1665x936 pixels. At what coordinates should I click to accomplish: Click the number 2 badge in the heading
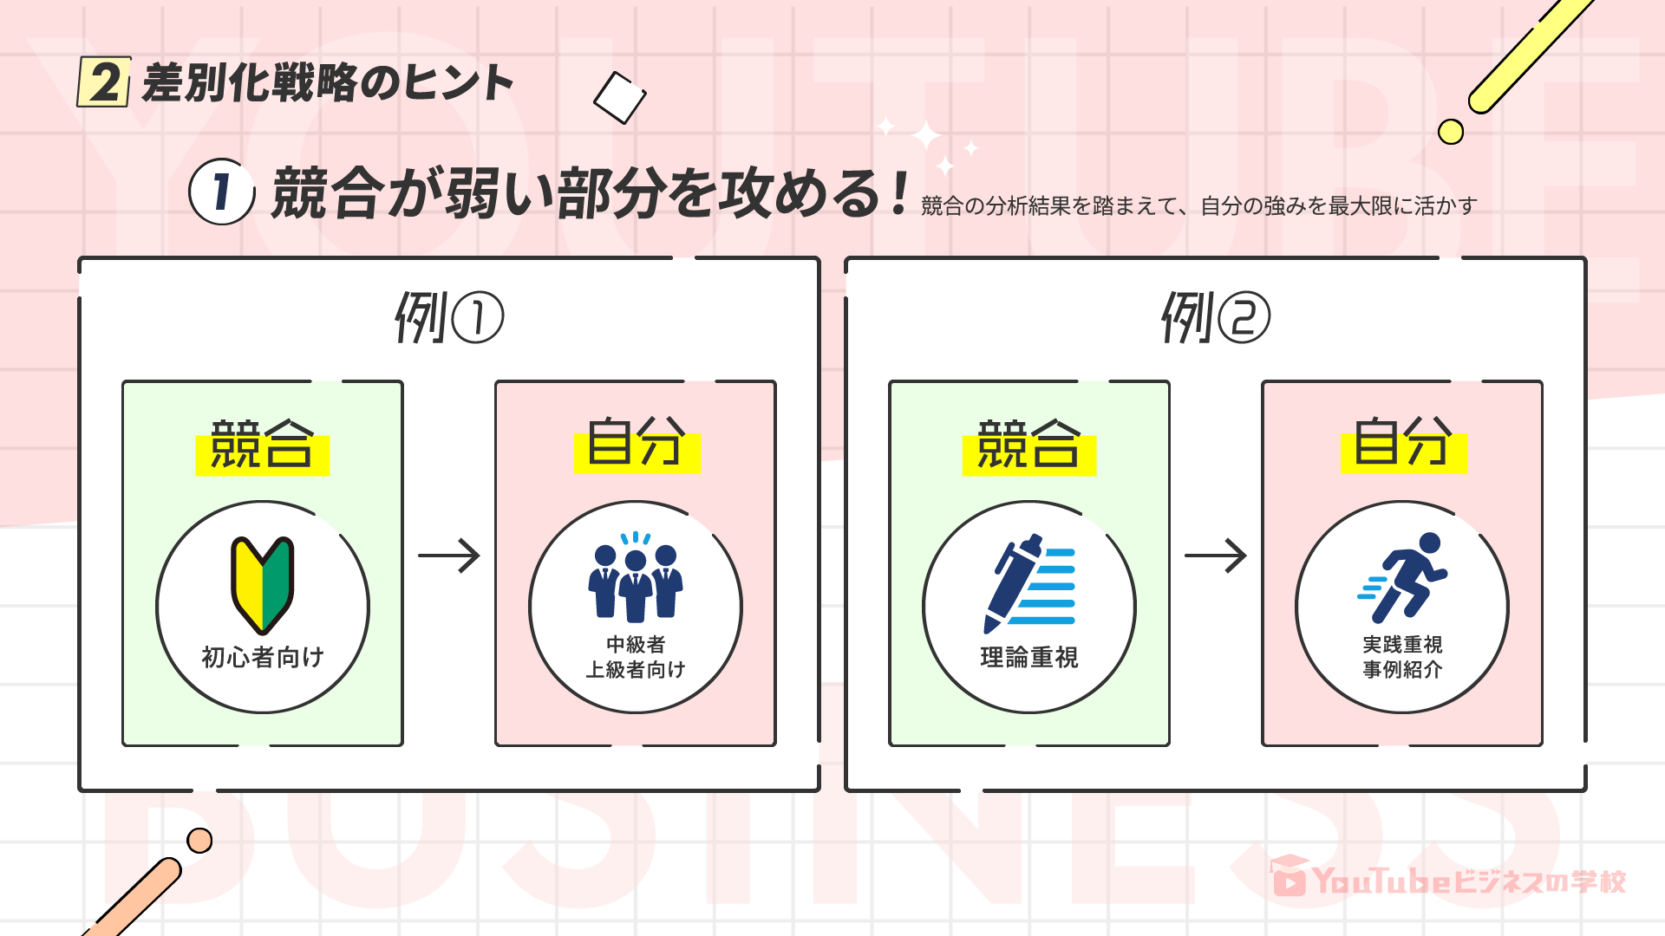tap(104, 82)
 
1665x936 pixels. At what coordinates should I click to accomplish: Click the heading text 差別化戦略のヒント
tap(328, 83)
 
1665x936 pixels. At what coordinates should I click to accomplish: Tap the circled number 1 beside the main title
tap(221, 192)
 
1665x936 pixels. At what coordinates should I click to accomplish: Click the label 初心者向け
tap(263, 657)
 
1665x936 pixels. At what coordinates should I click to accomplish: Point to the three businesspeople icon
tap(636, 578)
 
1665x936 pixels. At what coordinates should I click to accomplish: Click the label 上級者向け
tap(636, 669)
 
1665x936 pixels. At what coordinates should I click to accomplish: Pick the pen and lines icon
tap(1029, 583)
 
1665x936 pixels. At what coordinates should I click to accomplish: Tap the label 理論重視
tap(1029, 657)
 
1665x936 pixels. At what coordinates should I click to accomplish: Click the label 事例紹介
tap(1402, 669)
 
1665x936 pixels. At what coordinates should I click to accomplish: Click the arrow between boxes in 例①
tap(449, 556)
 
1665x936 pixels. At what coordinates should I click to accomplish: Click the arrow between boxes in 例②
tap(1216, 556)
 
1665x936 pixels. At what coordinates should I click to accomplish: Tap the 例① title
tap(448, 317)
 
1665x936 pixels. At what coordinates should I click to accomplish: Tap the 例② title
tap(1215, 317)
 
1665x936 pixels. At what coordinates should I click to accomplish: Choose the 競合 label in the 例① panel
tap(262, 445)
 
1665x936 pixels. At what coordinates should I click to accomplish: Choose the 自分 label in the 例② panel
tap(1403, 443)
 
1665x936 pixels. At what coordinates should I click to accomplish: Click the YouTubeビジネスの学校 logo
tap(1447, 880)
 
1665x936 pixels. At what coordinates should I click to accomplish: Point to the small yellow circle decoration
tap(1450, 132)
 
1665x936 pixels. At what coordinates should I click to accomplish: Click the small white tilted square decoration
tap(619, 97)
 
